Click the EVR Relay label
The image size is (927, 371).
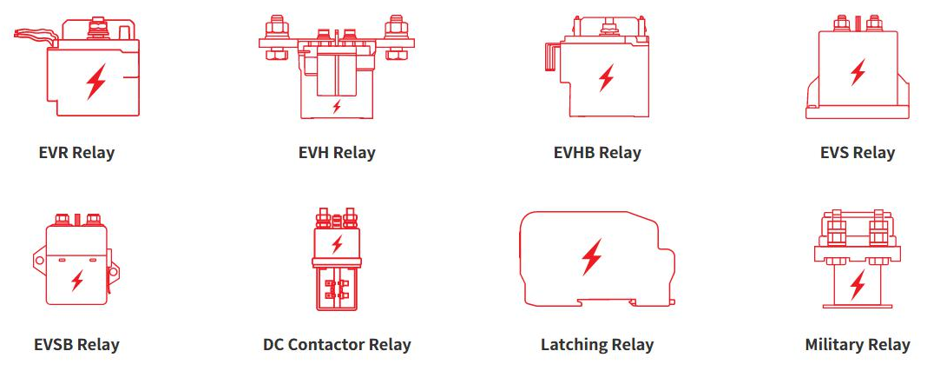click(76, 153)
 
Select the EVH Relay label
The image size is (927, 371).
click(337, 153)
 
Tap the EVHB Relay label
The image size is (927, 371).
click(597, 153)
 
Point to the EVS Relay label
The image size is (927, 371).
click(858, 153)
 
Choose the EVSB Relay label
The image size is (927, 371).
click(76, 345)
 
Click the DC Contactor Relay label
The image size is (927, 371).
click(337, 345)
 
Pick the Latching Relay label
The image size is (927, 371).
click(597, 345)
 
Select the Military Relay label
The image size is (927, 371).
click(858, 345)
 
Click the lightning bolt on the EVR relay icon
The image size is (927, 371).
click(95, 82)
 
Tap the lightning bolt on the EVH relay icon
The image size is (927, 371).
click(337, 107)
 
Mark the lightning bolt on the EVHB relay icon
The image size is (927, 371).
click(606, 78)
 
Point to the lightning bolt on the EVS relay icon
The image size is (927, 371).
click(858, 71)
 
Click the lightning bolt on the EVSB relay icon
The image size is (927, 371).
click(77, 280)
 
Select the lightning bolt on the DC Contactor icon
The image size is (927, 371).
click(337, 244)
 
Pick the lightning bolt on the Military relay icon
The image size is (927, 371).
click(858, 284)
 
